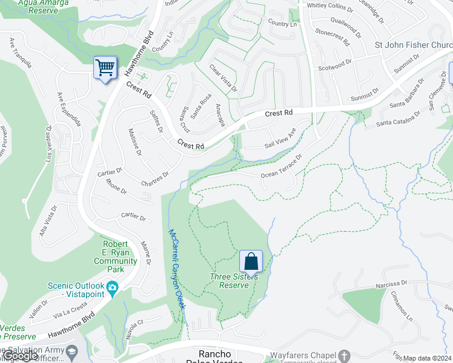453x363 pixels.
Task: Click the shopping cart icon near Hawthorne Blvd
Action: click(x=105, y=67)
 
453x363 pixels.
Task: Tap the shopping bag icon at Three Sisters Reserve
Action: click(x=251, y=261)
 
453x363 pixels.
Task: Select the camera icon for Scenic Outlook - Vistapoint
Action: click(x=111, y=287)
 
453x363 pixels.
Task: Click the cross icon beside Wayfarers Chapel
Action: click(x=344, y=355)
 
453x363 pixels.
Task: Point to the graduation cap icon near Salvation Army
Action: click(x=71, y=352)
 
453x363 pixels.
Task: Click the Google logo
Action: click(x=19, y=356)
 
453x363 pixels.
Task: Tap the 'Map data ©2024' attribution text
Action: click(x=427, y=358)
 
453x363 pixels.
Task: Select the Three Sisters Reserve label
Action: click(x=233, y=281)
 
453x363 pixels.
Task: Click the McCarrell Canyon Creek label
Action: click(x=176, y=269)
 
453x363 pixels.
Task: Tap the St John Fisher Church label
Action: click(x=413, y=45)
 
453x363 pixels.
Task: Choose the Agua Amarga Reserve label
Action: click(x=38, y=6)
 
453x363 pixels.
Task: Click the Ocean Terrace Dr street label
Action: click(x=281, y=168)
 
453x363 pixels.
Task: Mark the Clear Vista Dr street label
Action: click(x=223, y=79)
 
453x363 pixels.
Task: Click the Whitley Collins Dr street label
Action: click(x=330, y=8)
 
